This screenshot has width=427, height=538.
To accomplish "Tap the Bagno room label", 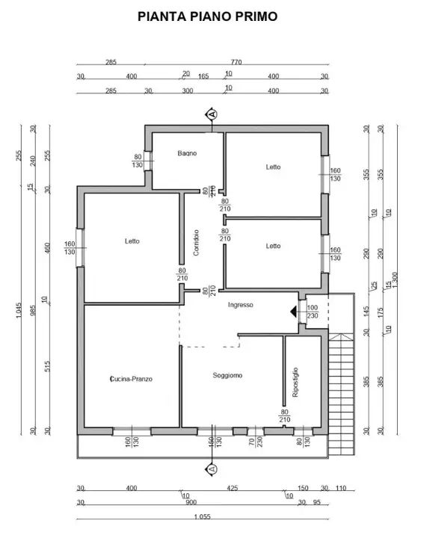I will point(187,153).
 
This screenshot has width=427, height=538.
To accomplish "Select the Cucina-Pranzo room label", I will point(131,379).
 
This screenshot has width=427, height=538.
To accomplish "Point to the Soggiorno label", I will point(227,374).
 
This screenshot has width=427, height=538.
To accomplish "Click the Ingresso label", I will point(241,305).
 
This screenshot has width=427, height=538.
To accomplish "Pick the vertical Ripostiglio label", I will point(295,382).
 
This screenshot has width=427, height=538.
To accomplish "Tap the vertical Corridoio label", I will point(196,243).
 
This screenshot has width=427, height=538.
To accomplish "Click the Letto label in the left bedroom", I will point(132,241).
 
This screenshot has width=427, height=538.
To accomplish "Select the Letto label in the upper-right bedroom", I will point(273,167).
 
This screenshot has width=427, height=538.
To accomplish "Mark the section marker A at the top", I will point(212,114).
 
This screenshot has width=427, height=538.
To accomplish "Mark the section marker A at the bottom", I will point(212,469).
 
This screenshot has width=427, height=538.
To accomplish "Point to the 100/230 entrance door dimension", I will point(312,312).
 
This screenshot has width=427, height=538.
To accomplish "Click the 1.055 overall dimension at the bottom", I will point(202,517).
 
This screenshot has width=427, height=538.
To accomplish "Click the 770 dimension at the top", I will point(237,63).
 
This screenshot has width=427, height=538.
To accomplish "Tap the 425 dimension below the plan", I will point(232,488).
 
